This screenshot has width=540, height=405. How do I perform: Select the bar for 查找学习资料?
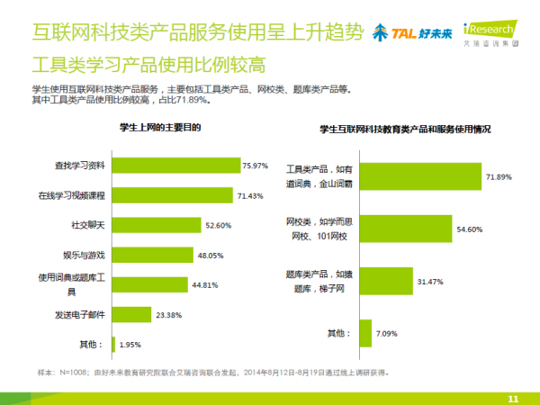[175, 166]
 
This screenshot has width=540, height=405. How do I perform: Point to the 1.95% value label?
[130, 344]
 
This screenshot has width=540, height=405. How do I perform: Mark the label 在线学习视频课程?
[73, 195]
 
